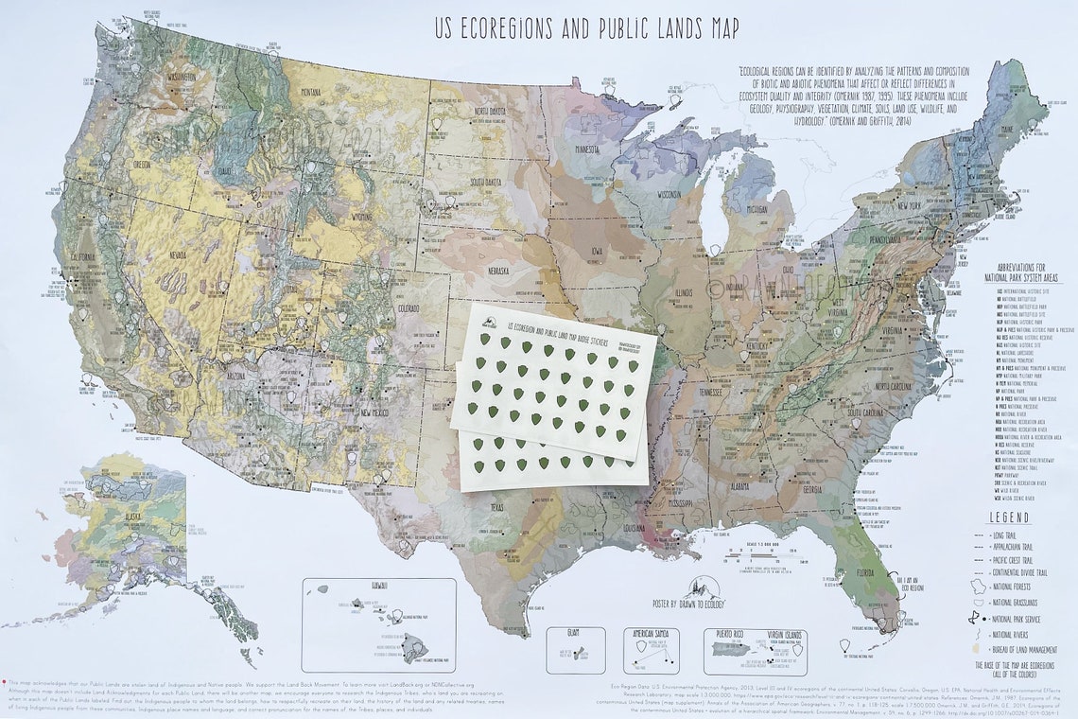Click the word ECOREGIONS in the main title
click(514, 29)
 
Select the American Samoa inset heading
click(652, 633)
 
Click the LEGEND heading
click(1009, 518)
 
